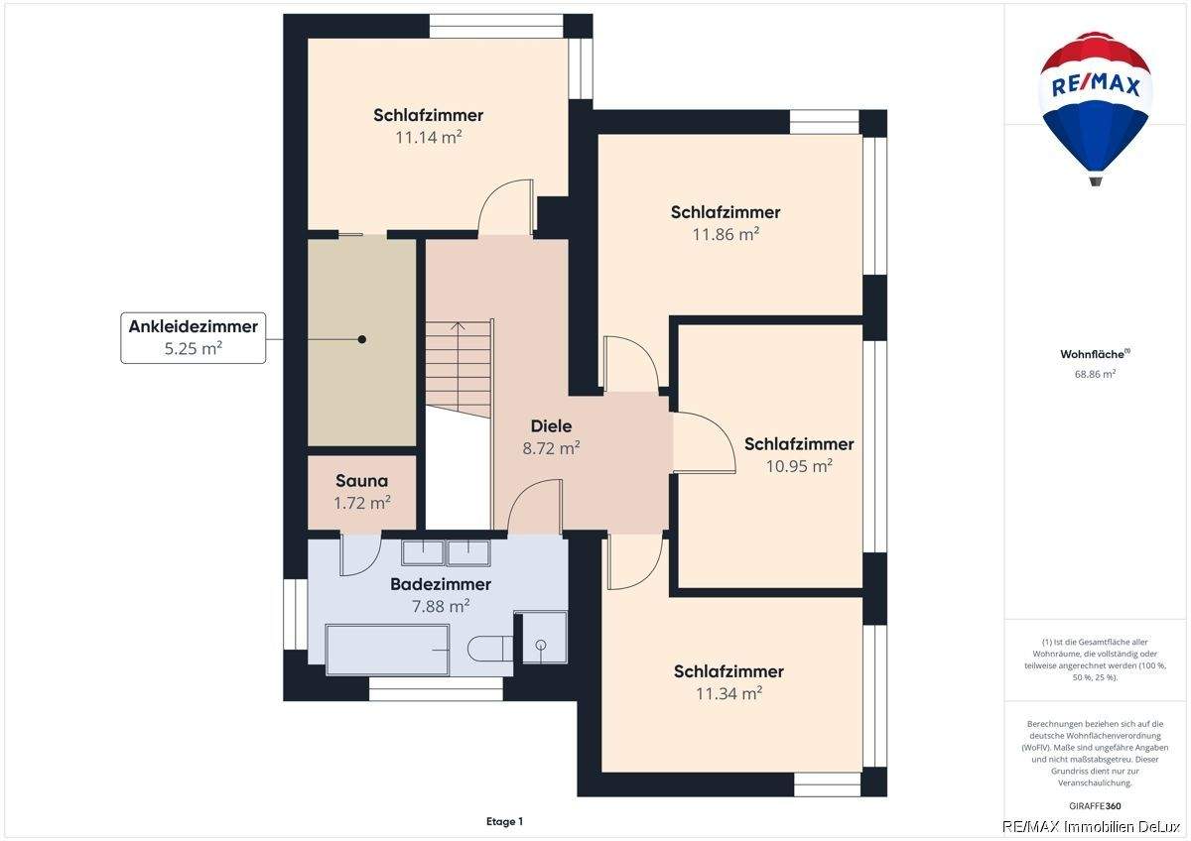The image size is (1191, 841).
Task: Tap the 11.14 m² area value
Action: point(428,138)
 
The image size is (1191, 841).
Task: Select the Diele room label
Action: point(552,426)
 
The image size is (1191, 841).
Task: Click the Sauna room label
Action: point(361,481)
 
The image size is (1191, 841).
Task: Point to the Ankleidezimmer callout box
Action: point(193,338)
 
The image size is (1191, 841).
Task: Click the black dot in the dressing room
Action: point(362,339)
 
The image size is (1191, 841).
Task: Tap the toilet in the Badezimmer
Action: point(489,649)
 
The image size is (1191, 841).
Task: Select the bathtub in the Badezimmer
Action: point(387,650)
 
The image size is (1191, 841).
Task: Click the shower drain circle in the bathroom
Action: point(541,645)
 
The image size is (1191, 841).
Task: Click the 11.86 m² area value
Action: point(726,234)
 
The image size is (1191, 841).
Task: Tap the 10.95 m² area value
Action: point(799,466)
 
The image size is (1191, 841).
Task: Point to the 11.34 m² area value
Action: point(728,693)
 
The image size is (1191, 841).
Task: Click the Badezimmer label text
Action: point(441,584)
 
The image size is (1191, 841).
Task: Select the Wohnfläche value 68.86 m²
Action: point(1095,374)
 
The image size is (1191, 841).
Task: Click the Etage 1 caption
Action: point(504,821)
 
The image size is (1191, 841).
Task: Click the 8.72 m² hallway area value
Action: point(551,448)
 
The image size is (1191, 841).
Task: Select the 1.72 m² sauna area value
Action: point(361,503)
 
